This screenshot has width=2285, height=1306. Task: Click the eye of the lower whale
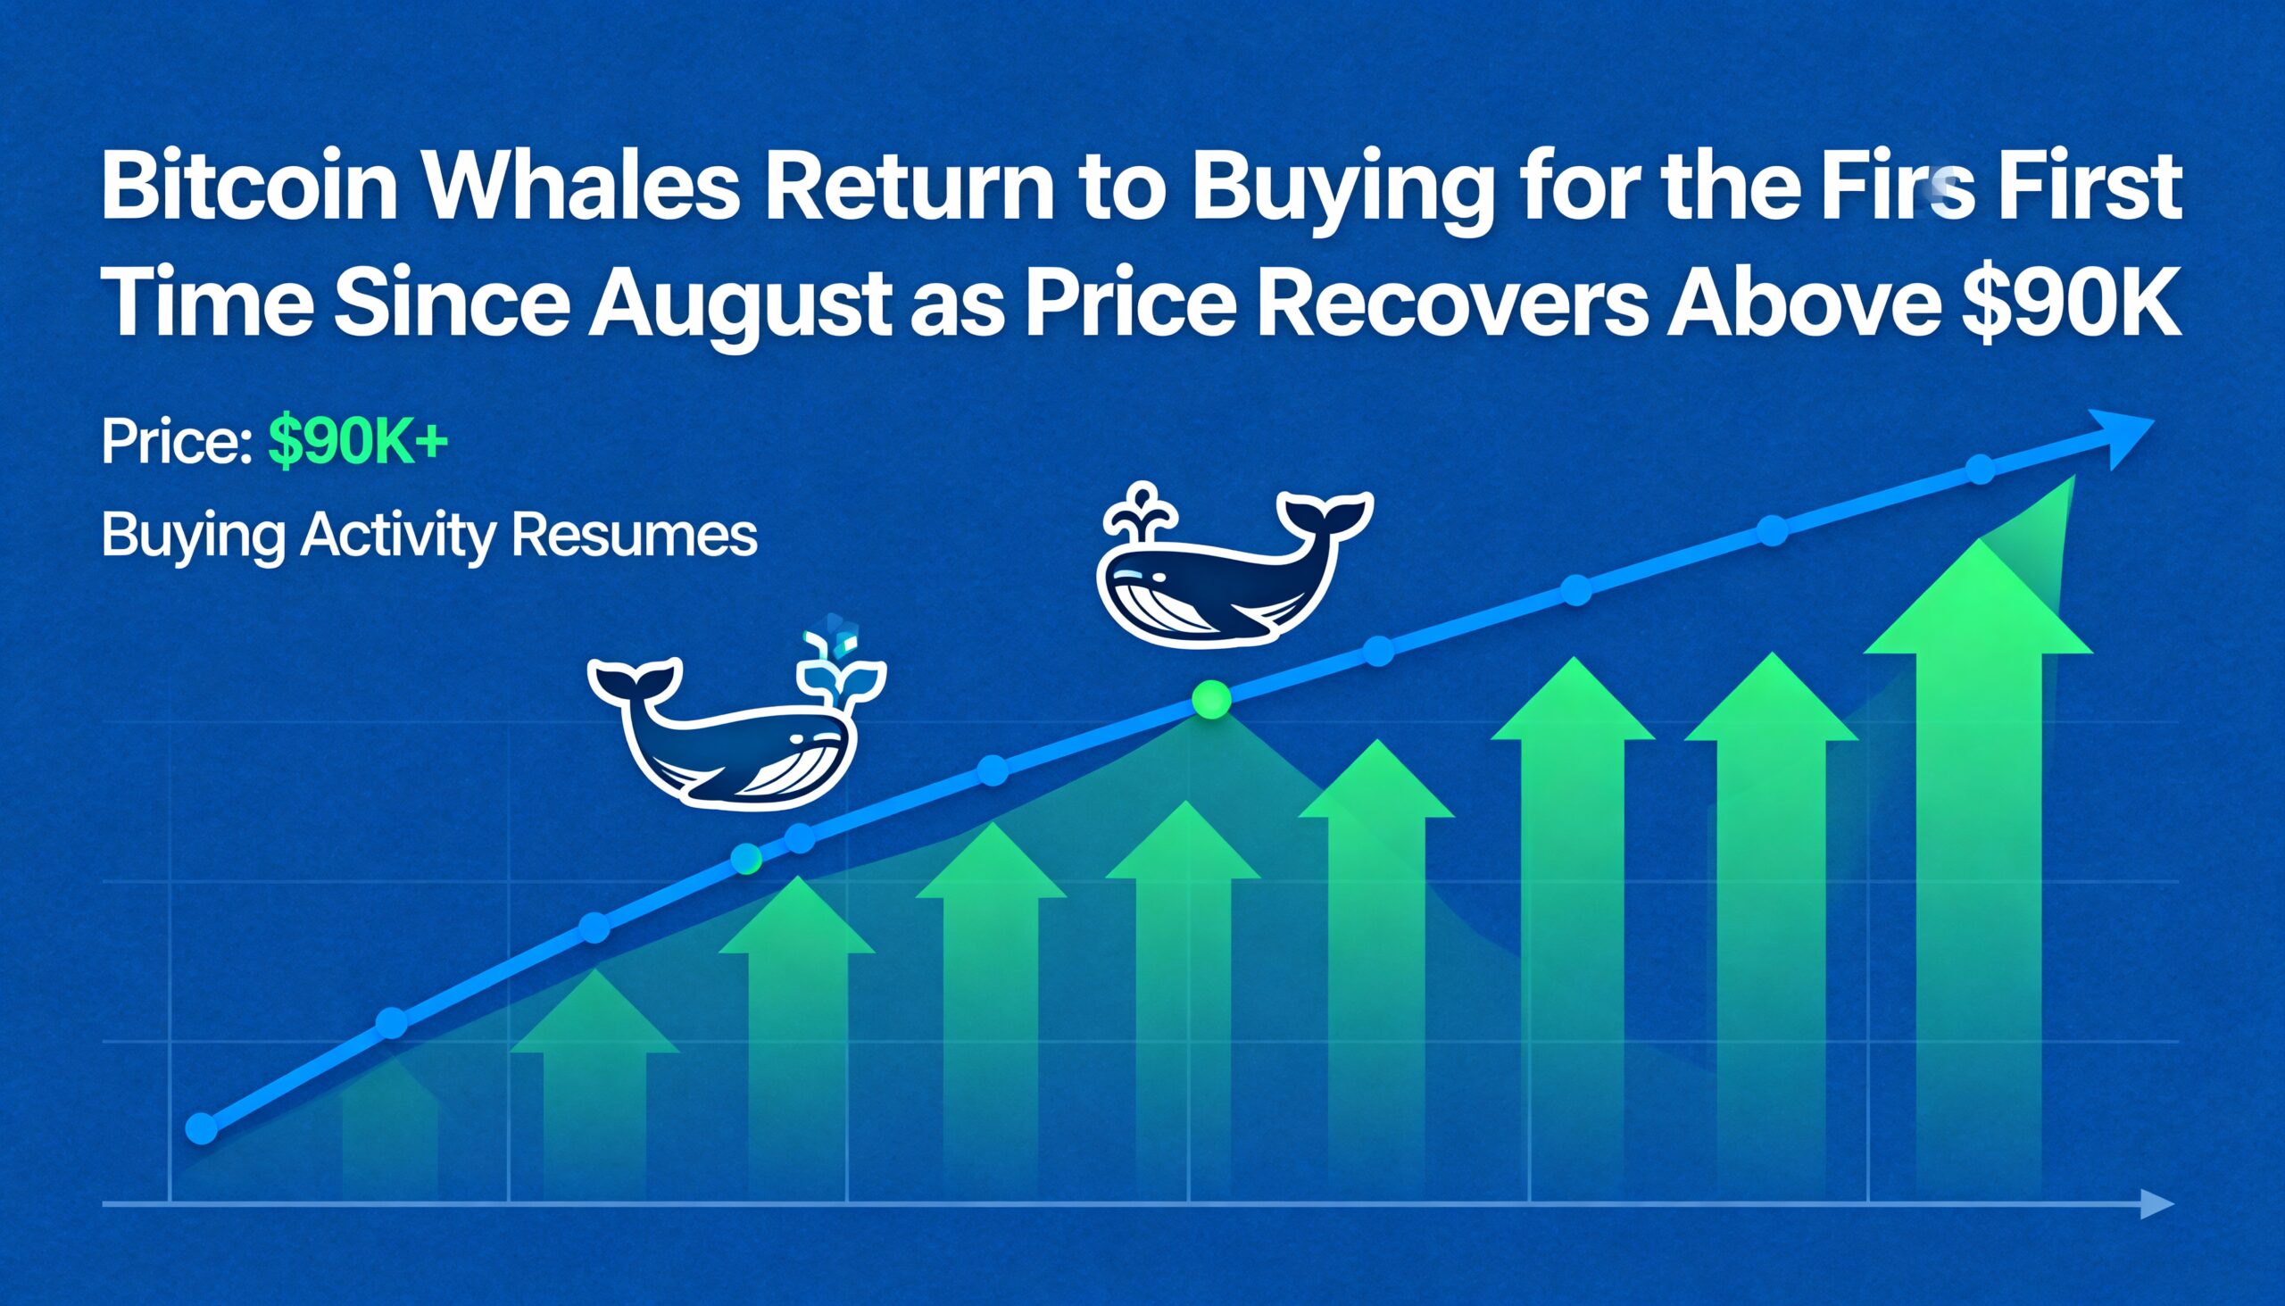[x=794, y=739]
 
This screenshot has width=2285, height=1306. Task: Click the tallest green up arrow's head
[x=1979, y=596]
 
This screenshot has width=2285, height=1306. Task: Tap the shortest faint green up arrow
[x=391, y=1117]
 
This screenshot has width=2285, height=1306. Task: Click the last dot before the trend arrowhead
[x=1980, y=470]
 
